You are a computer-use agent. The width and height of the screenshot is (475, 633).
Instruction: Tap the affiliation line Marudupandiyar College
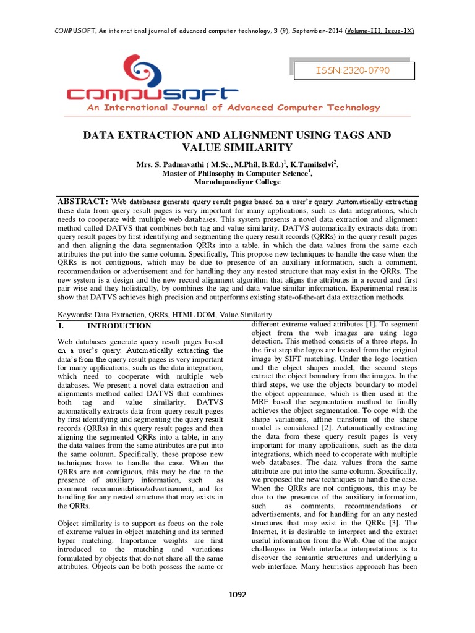click(x=237, y=182)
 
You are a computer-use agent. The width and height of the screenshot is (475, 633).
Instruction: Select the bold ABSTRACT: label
click(x=83, y=202)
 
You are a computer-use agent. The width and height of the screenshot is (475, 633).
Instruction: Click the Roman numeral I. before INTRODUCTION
click(x=61, y=326)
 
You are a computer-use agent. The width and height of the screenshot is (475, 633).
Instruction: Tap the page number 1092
click(x=237, y=595)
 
